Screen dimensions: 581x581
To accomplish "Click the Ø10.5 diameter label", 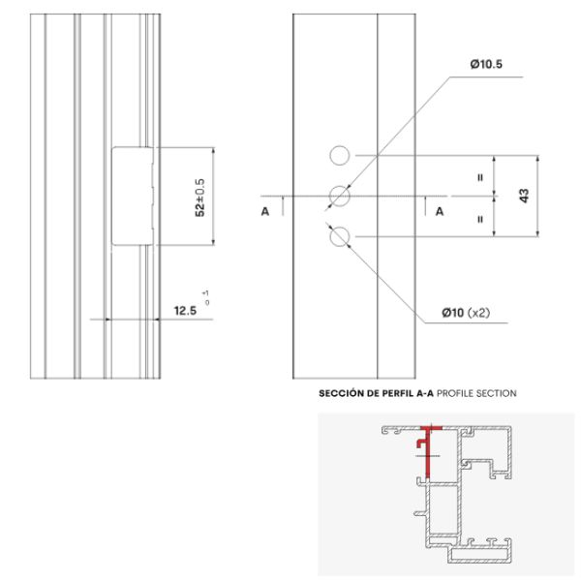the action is [x=486, y=65].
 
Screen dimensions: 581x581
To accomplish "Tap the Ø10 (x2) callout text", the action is [x=466, y=313].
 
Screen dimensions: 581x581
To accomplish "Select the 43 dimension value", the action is [x=524, y=196].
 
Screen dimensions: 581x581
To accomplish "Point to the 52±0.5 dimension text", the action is [x=199, y=198].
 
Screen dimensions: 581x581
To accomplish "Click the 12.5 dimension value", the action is [x=185, y=311].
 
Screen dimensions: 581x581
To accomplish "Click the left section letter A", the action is [x=265, y=211].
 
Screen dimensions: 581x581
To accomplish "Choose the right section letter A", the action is [x=440, y=211].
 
